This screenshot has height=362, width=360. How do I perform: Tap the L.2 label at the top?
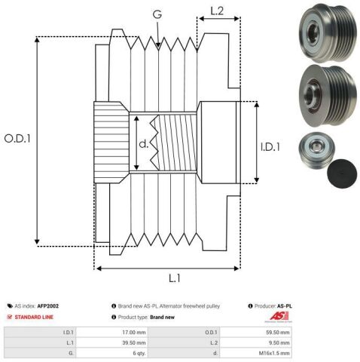(217, 11)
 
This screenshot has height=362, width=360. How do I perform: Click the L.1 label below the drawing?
(173, 279)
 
